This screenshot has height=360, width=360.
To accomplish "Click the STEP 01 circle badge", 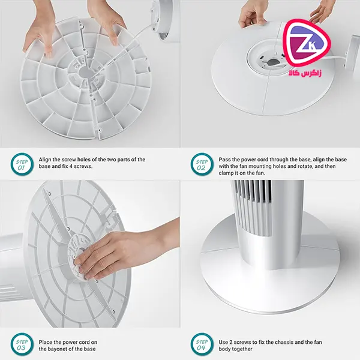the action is (x=22, y=164).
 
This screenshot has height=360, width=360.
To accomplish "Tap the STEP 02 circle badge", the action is (x=202, y=164).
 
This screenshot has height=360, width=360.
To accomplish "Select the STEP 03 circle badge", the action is (x=22, y=344).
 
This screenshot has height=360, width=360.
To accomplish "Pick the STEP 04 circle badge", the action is (x=202, y=344).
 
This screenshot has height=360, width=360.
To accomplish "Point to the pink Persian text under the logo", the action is (x=305, y=73).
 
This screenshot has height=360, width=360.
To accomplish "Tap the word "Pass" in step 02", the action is (x=224, y=160).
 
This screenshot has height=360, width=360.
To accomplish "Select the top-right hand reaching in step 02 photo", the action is (x=323, y=11).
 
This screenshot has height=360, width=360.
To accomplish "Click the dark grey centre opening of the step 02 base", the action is (x=272, y=62).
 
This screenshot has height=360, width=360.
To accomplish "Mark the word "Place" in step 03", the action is (x=46, y=343).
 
